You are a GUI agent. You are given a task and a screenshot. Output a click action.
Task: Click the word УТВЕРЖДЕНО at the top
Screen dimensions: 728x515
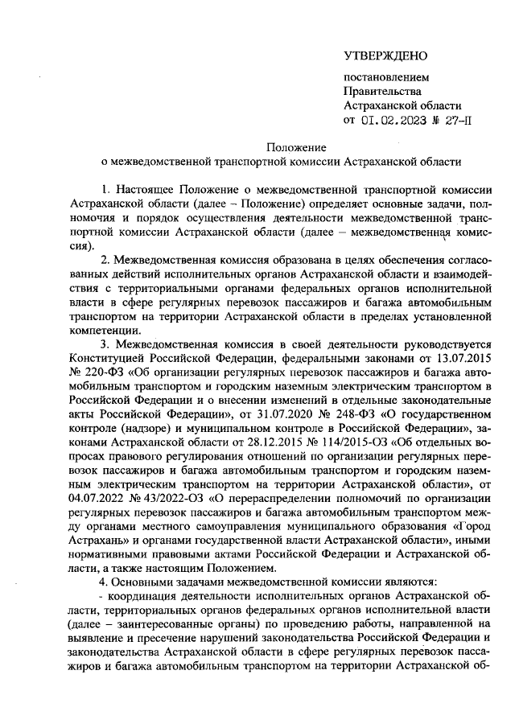[385, 56]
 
